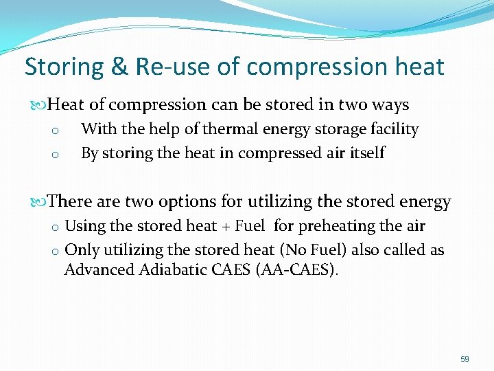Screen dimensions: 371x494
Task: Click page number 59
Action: click(x=464, y=359)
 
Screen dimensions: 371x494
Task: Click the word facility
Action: click(x=392, y=129)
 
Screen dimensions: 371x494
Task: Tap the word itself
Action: click(x=363, y=153)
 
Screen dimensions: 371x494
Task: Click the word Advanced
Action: click(x=95, y=269)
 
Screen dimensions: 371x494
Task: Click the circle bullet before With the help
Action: click(x=56, y=131)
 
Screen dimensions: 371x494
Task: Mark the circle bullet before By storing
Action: click(x=56, y=155)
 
